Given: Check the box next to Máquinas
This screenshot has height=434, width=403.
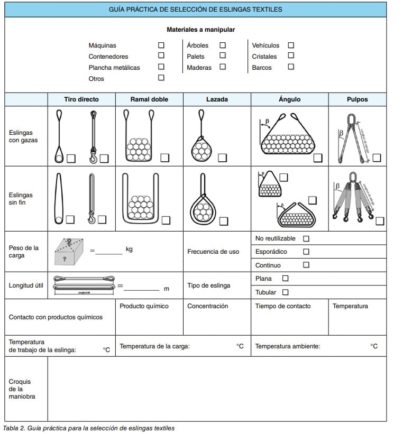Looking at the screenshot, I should click(161, 45).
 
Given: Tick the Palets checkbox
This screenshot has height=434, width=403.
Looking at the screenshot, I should click(223, 56).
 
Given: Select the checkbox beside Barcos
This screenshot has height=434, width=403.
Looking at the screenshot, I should click(291, 67).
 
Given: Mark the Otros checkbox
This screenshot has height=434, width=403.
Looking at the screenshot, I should click(161, 78).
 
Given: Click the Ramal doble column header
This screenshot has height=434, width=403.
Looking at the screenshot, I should click(149, 99).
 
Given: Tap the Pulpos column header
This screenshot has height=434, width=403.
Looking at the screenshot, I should click(357, 99).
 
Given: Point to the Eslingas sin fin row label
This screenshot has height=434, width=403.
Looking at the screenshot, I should click(21, 199).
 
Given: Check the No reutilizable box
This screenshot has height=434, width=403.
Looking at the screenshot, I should click(306, 238).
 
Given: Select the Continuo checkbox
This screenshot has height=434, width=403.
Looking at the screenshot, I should click(306, 265).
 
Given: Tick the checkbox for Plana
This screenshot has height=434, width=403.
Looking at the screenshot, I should click(286, 278).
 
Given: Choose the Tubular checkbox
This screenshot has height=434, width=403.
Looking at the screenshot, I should click(286, 292).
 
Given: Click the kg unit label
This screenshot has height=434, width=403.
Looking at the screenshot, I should click(129, 249).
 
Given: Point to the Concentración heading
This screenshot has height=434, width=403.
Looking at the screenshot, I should click(208, 306).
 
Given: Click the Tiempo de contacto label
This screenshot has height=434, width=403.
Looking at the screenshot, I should click(283, 306).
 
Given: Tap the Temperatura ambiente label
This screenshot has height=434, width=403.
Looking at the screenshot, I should click(287, 346).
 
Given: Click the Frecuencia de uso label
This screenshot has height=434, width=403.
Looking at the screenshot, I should click(213, 252).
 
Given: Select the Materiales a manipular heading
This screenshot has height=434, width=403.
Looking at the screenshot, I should click(201, 30).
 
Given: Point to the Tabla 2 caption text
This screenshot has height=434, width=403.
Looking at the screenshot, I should click(89, 428).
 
